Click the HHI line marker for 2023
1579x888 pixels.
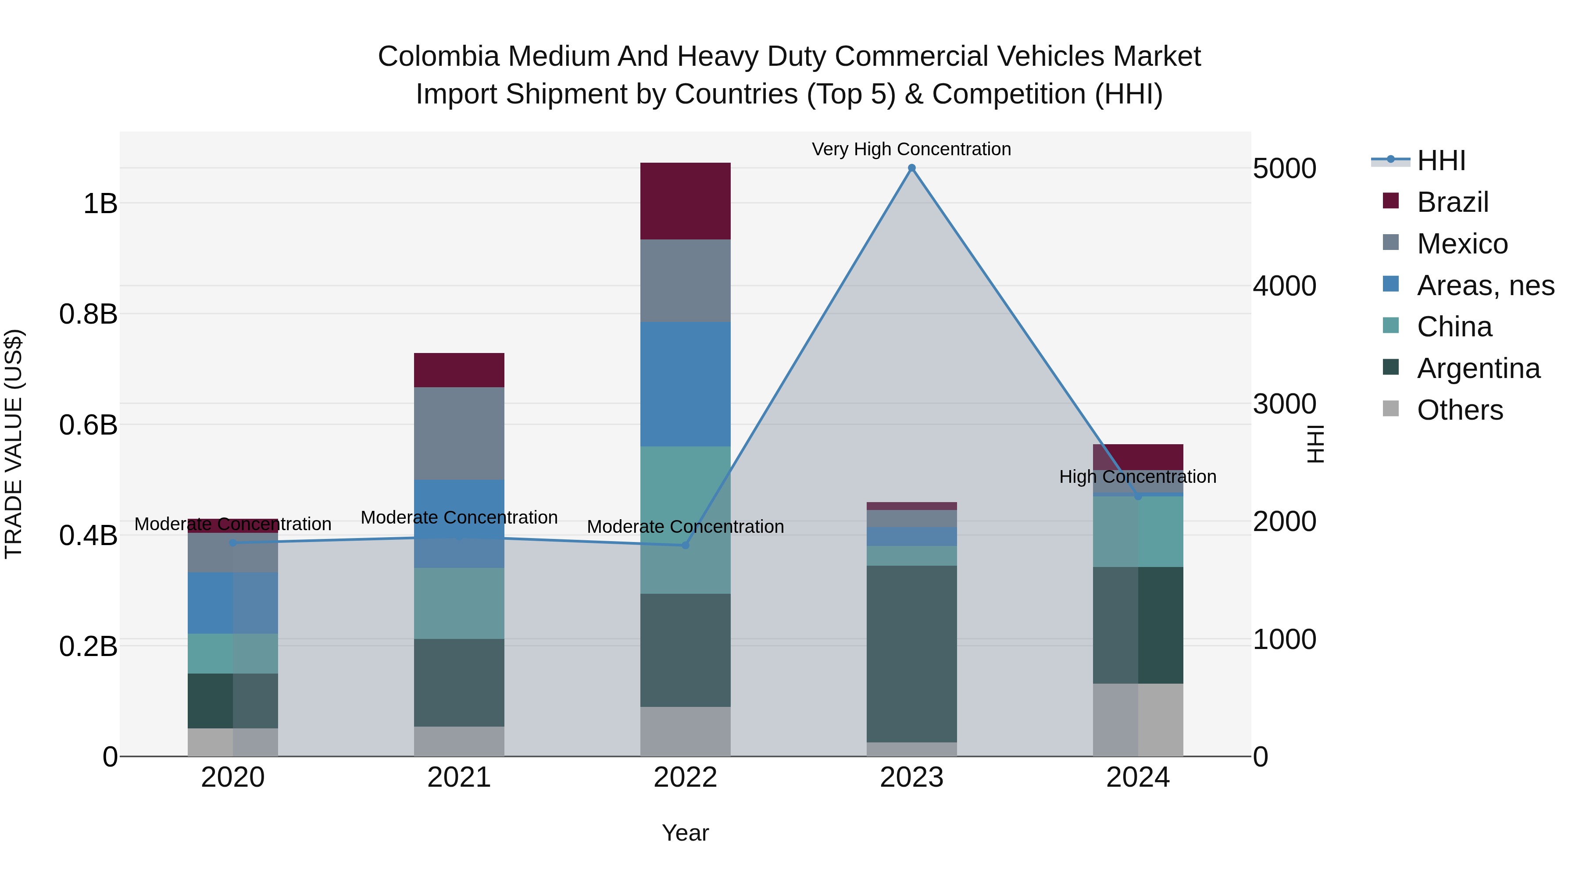911,168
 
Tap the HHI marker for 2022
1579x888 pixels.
685,545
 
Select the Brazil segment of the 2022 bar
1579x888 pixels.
685,201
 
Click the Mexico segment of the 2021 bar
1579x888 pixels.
459,433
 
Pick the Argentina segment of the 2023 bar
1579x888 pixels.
911,653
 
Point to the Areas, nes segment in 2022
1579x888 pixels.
685,384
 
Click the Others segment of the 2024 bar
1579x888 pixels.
1138,720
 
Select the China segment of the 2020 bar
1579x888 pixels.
232,653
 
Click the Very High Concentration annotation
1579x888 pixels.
911,149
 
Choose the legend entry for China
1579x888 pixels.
1454,327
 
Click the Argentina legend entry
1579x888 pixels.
1478,368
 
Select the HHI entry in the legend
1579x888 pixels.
1440,160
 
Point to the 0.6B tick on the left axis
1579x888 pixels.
88,424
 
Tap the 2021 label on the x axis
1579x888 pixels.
459,777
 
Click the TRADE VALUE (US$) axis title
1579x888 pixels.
14,444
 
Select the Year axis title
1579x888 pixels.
685,833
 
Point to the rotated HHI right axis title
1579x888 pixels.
1316,444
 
